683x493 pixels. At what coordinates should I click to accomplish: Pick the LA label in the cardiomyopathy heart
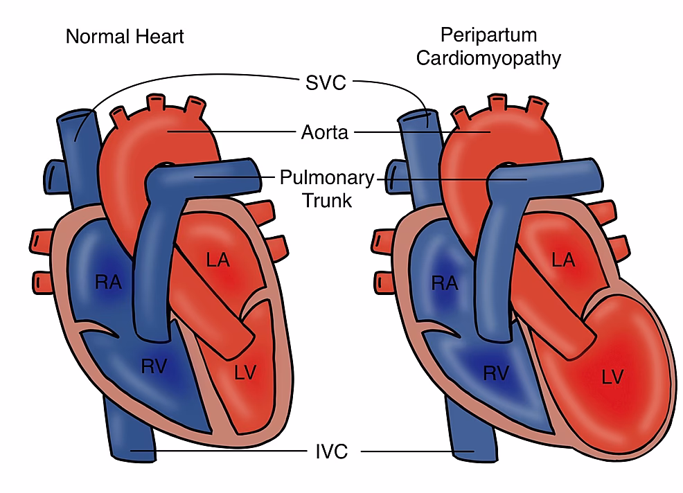(563, 260)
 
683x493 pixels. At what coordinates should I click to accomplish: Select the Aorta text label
(325, 132)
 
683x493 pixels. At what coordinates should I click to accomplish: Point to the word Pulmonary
(326, 177)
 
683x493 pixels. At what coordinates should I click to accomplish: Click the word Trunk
(326, 201)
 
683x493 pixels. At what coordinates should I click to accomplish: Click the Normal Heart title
(125, 36)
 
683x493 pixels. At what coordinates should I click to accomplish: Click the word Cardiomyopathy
(488, 58)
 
